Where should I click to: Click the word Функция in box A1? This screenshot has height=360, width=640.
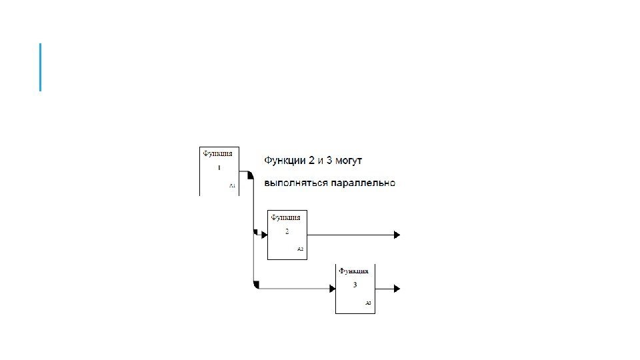point(217,153)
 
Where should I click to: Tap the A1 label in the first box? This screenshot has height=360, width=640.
point(232,187)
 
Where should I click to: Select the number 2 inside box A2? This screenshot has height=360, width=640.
point(287,231)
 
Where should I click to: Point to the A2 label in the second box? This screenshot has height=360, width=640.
point(300,249)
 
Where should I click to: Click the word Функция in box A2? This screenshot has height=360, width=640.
point(285,217)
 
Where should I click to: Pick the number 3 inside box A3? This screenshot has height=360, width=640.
point(355,285)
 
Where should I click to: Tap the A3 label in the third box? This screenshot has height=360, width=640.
point(368,303)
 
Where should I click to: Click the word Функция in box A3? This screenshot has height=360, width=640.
point(353,271)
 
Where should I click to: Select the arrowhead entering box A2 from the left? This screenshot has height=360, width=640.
point(264,235)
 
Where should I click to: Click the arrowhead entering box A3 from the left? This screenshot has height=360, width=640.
point(331,288)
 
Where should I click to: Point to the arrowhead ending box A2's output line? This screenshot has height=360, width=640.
point(397,235)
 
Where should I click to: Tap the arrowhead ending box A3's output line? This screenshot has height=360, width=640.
point(397,288)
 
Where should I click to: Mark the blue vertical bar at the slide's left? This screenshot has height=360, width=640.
point(40,67)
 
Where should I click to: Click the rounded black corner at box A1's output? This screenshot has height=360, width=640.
point(250,175)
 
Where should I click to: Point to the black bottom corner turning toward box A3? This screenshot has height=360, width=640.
point(257,285)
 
